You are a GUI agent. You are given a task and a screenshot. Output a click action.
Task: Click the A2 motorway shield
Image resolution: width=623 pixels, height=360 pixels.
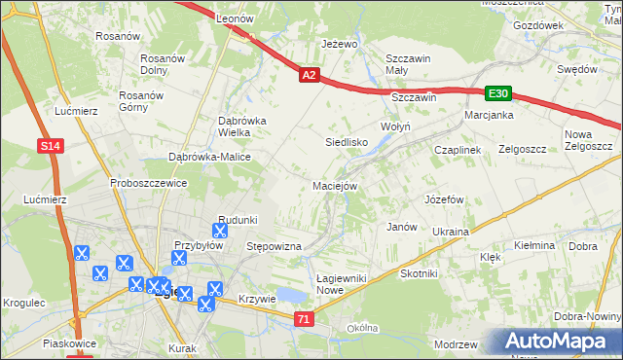point(309,75)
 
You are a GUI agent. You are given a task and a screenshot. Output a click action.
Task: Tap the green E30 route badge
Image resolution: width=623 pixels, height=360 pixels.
point(498,93)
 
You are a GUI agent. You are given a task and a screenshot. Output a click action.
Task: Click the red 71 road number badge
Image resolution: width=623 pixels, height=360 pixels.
point(305,318)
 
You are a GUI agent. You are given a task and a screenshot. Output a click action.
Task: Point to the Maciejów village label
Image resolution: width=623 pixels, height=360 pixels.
point(336,185)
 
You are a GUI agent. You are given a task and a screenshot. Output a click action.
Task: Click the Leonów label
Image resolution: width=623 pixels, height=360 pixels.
point(234,18)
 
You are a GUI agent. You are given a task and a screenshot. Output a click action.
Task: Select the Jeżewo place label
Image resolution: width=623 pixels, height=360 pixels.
point(341,44)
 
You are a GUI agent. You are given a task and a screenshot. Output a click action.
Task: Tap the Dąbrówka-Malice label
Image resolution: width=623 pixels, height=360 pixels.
point(210,157)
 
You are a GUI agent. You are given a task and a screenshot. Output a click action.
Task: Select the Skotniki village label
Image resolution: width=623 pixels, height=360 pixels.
point(420,274)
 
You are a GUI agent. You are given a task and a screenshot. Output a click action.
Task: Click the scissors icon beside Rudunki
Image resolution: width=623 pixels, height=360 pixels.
point(220,232)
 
